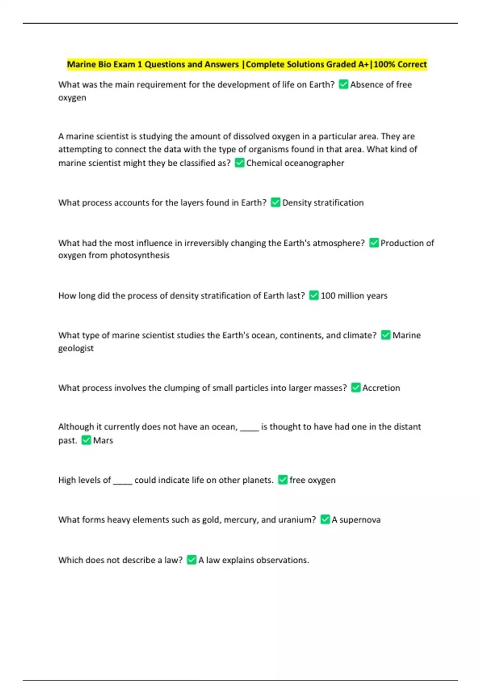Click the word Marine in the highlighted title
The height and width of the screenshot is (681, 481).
(81, 64)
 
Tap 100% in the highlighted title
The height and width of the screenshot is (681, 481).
(384, 64)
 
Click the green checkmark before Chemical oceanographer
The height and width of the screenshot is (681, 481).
(240, 163)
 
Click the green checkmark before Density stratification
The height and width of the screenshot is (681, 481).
(275, 202)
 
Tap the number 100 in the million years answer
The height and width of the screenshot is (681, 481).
(328, 296)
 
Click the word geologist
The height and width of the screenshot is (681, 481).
(76, 348)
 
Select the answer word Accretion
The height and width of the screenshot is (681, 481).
(381, 388)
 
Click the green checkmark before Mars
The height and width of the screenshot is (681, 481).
(86, 440)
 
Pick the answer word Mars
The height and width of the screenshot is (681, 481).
(103, 440)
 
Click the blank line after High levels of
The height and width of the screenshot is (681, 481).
(123, 482)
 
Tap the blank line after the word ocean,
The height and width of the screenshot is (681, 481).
(249, 429)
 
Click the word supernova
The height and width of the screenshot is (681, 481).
(360, 520)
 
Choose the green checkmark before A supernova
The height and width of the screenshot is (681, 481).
(325, 520)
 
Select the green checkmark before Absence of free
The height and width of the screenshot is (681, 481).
(344, 84)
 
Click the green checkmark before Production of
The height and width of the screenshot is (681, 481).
(374, 243)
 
